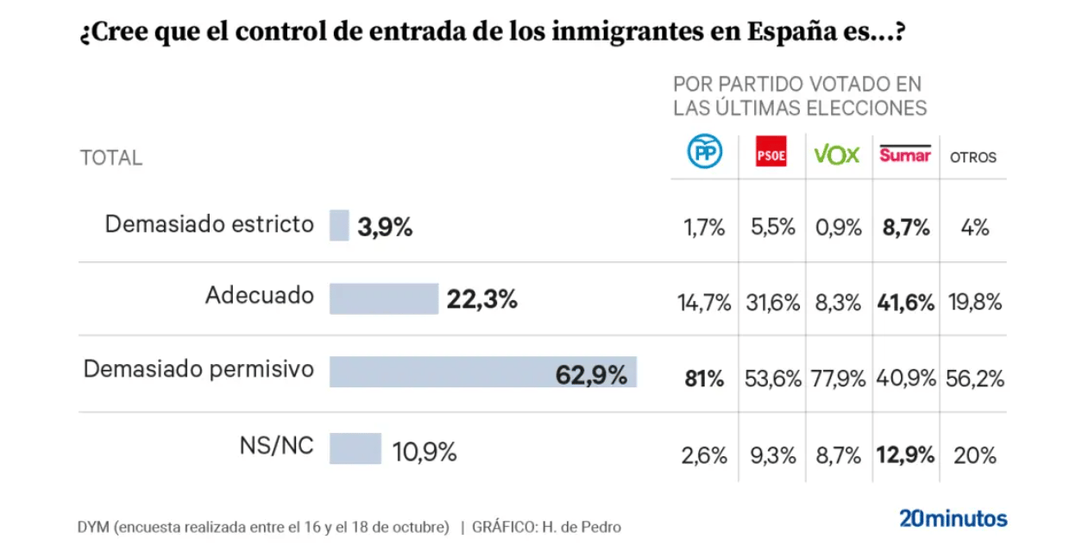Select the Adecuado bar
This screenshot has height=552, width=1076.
coord(384,298)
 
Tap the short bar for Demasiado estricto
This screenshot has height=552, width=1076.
coord(339,226)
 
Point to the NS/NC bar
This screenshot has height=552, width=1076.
coord(355,448)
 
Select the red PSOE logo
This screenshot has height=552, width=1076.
coord(771,153)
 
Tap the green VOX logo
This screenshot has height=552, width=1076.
coord(837,154)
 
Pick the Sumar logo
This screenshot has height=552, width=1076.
coord(904,154)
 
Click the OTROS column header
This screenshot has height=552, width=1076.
coord(972,158)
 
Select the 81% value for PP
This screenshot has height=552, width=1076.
coord(703,378)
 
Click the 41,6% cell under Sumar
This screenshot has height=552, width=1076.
coord(904,303)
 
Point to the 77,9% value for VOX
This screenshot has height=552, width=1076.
coord(838,378)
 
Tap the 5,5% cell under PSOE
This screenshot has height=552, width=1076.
coord(771,228)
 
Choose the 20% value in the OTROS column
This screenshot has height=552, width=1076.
coord(974,455)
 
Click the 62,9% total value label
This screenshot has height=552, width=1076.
coord(590,374)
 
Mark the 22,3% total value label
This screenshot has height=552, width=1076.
coord(481,299)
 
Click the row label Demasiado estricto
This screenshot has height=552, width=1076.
coord(209,224)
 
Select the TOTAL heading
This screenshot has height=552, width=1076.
coord(111,158)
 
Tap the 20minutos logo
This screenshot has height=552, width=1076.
coord(953,518)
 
